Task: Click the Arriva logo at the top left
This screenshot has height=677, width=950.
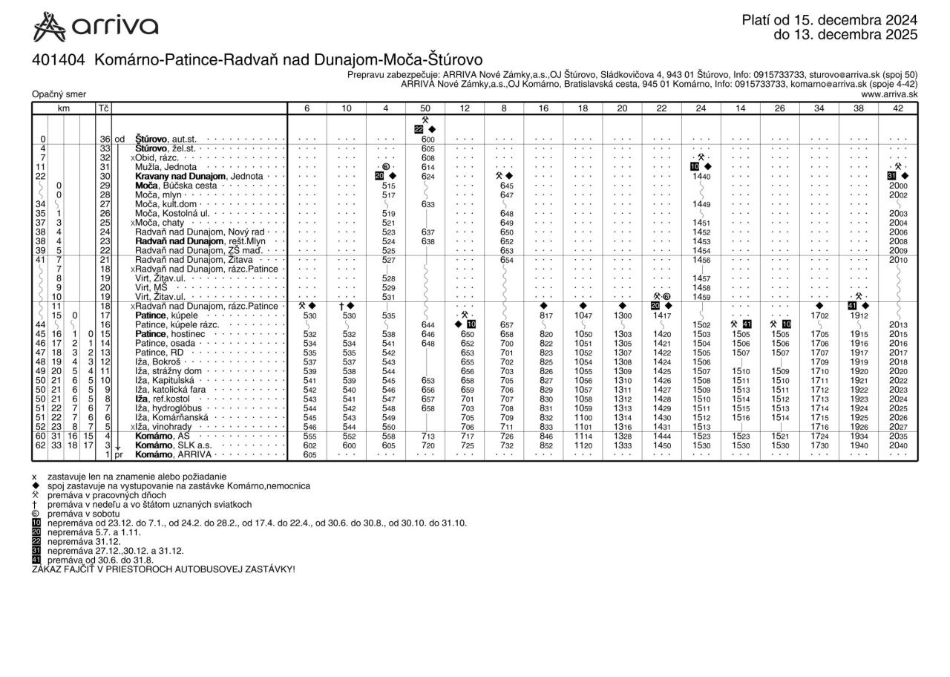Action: click(96, 27)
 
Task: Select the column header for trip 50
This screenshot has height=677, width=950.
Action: click(425, 108)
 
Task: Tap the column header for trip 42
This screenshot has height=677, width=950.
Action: click(897, 108)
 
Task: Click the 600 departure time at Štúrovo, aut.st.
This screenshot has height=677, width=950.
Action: click(427, 139)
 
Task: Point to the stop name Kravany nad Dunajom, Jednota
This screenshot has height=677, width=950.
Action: click(199, 176)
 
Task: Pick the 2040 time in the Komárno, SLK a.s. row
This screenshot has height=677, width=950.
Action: click(898, 445)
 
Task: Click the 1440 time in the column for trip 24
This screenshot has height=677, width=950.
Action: click(701, 176)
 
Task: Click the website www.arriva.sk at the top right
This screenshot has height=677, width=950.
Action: click(889, 94)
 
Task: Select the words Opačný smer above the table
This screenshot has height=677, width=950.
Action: click(59, 94)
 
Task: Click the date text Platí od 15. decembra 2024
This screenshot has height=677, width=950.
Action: click(829, 20)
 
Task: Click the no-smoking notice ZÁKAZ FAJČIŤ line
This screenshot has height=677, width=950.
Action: click(163, 569)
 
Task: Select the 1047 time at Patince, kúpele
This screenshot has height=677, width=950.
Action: click(583, 315)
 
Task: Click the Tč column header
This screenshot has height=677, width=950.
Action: click(103, 108)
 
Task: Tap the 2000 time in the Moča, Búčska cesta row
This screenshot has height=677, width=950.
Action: click(898, 186)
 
